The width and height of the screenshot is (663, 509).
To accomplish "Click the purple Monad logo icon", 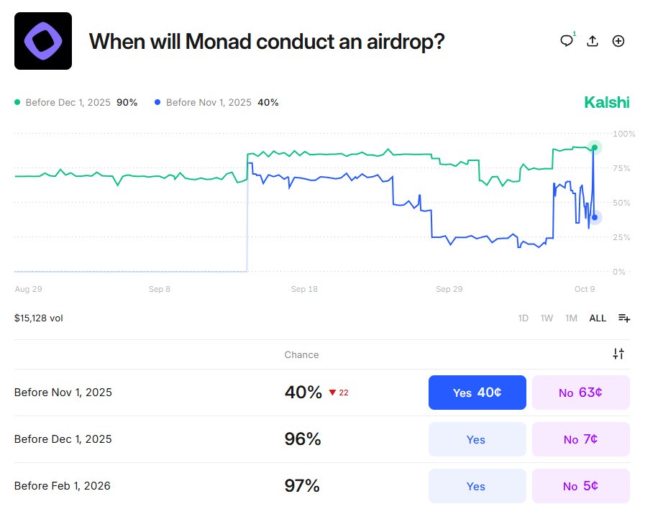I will pos(43,41).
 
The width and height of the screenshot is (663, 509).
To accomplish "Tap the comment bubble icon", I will pos(567,41).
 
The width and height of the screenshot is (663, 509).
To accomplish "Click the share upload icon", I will pos(593,41).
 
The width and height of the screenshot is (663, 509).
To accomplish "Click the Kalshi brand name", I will pos(606,103).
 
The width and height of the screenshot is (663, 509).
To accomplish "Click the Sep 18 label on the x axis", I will pos(304,289).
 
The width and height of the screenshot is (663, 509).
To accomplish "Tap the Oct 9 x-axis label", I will pos(585,289).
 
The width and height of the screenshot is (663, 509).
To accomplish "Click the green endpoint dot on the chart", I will pos(594,147).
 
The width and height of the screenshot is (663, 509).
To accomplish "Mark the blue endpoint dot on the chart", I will pos(594,217).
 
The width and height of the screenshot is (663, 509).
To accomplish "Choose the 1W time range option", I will pos(547,318).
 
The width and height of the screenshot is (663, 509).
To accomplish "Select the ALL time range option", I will pos(598,318).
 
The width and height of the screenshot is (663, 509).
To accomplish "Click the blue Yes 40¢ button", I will pos(477,393).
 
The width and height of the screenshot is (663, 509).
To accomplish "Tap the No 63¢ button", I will pos(580,393).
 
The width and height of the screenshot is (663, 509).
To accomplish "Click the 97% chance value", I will pos(302,486).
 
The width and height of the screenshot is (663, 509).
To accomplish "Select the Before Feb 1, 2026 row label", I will pos(63,486).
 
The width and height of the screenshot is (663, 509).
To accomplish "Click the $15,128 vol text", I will pos(39,318).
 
